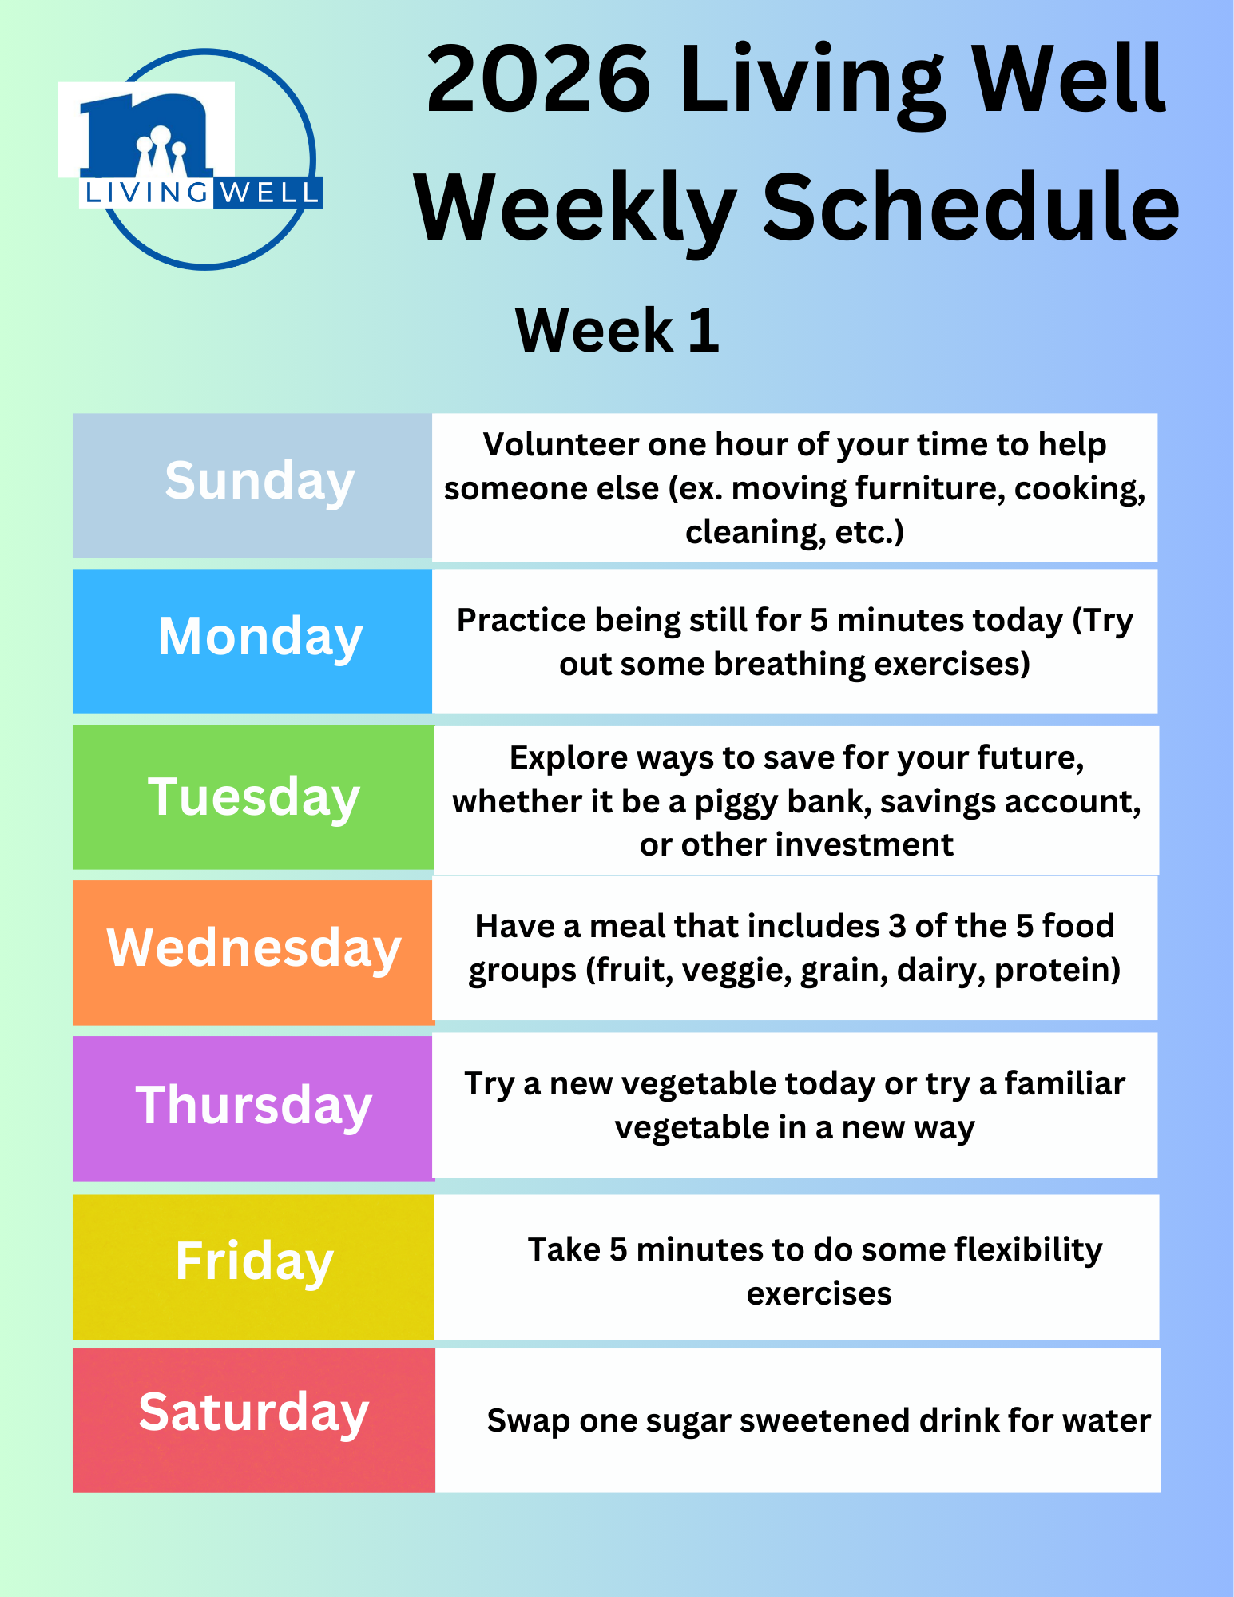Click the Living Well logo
pos(192,159)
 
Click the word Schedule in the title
pos(970,207)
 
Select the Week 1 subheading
pos(617,330)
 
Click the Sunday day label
pos(260,483)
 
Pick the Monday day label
pos(260,638)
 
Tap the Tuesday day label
pos(254,798)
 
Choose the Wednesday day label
pos(254,949)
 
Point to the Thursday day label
pos(254,1106)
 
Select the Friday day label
pos(254,1263)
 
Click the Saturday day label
pos(254,1414)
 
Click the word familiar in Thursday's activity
pos(1065,1084)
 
